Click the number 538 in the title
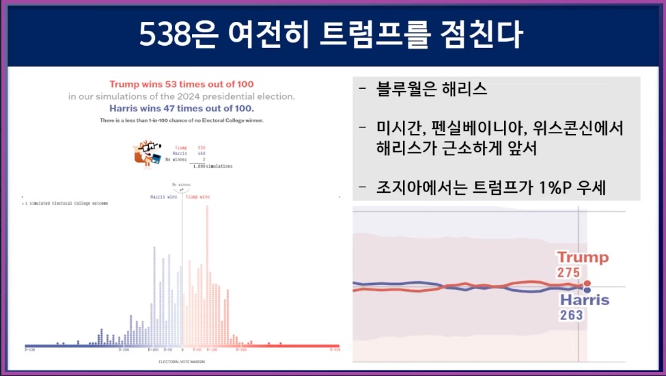point(163,34)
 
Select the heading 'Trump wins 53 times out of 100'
point(181,84)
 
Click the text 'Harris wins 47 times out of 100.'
point(181,108)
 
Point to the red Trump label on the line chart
point(582,258)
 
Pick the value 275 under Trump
point(568,272)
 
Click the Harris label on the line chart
point(584,300)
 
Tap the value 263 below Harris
point(571,314)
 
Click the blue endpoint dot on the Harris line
point(587,291)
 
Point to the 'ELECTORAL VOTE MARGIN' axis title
point(181,361)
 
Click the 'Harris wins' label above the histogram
point(164,197)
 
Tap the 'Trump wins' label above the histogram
point(198,197)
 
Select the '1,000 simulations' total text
point(212,166)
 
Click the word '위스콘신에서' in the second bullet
point(574,128)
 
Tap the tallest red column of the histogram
point(207,273)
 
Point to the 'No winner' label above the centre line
point(181,184)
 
